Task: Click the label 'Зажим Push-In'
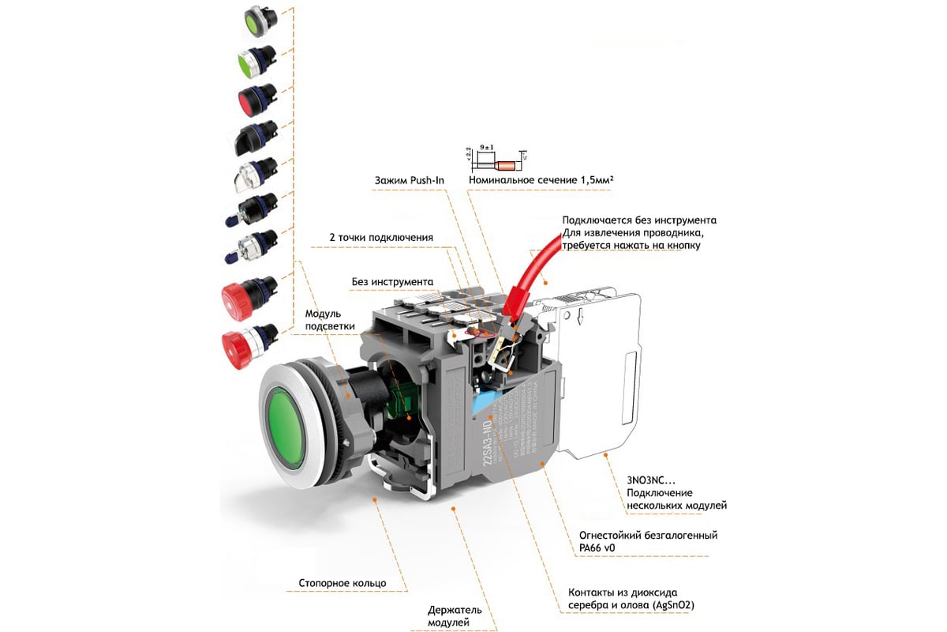coord(409,180)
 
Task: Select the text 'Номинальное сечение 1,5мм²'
coord(541,180)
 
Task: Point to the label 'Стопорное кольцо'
coord(342,583)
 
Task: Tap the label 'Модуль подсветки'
coord(330,320)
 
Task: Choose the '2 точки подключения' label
coord(380,238)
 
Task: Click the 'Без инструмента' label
coord(392,281)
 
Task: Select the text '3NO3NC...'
coord(652,480)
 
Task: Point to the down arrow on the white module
coord(580,318)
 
